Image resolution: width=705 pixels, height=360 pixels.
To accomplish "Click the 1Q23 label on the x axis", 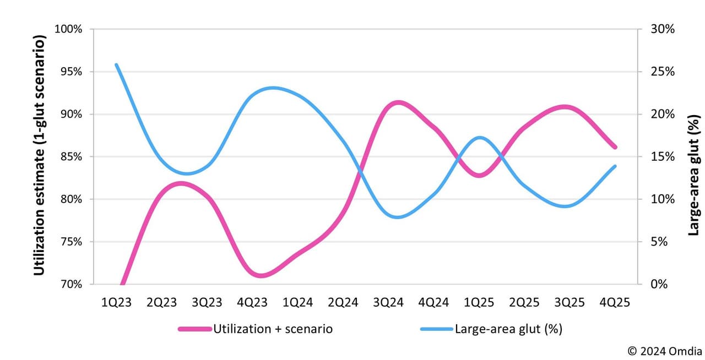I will [116, 302].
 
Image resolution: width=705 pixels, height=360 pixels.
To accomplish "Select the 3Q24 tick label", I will [388, 302].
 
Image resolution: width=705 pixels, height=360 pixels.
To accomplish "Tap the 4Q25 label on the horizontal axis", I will [615, 302].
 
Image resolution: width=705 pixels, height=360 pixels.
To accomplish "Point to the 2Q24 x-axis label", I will [343, 302].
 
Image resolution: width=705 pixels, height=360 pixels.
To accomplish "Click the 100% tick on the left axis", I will [69, 29].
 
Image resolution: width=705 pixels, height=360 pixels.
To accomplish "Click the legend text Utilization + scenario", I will [273, 329].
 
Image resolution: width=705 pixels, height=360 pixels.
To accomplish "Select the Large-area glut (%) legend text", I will [508, 329].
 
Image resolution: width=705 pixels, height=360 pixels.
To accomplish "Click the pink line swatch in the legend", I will [195, 329].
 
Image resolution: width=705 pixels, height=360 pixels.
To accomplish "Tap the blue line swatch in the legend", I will [437, 329].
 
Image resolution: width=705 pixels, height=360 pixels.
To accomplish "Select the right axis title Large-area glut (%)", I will [694, 175].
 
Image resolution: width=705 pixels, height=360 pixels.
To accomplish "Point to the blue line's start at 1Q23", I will [116, 65].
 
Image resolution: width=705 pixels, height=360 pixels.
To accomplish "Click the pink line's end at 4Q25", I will [615, 147].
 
